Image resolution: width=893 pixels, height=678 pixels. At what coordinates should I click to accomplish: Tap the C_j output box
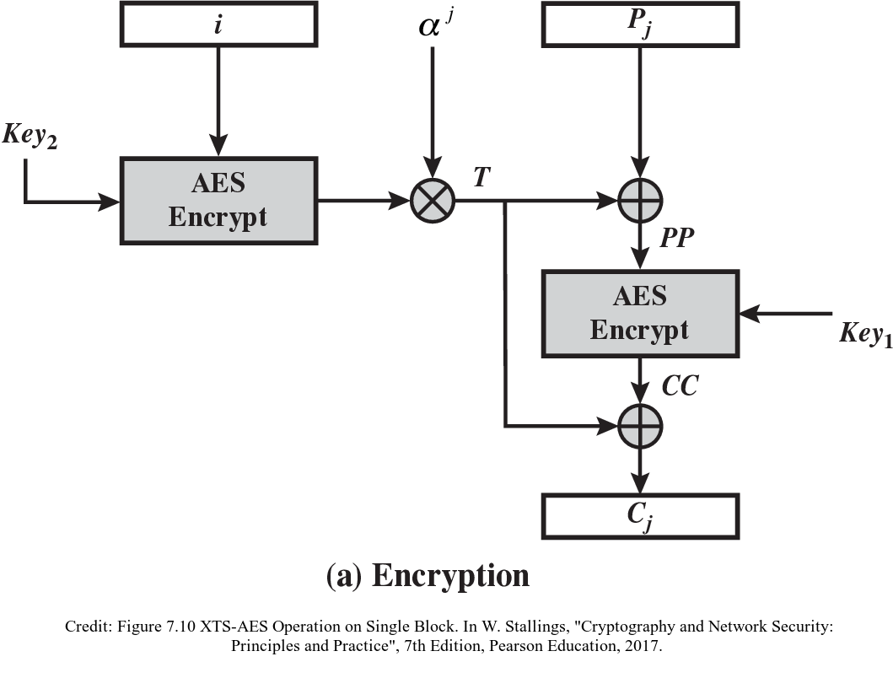coord(640,516)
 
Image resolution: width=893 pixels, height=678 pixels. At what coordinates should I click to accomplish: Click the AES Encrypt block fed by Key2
coord(218,202)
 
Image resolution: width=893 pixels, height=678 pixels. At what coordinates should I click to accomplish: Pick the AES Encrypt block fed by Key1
coord(640,311)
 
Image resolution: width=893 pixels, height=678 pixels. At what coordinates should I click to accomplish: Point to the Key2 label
coord(30,137)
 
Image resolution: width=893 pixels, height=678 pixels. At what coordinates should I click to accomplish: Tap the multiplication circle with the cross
coord(433,202)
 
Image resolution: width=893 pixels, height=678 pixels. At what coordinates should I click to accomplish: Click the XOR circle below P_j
coord(640,202)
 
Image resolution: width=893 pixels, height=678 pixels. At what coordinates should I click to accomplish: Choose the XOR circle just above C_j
coord(640,426)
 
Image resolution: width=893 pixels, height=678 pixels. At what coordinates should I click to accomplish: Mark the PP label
coord(678,238)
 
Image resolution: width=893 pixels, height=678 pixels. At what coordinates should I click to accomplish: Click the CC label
coord(680,389)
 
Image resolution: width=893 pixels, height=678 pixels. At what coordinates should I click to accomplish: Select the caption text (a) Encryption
coord(428,575)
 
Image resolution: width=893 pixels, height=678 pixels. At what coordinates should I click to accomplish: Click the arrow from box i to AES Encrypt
coord(218,93)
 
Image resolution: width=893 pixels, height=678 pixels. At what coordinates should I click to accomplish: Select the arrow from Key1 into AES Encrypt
coord(784,314)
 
